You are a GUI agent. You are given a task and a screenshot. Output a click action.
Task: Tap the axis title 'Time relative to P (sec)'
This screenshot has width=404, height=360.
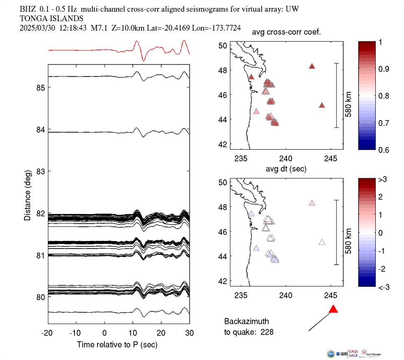point(117,345)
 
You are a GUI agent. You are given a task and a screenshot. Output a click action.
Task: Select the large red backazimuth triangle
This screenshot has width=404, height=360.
point(333,309)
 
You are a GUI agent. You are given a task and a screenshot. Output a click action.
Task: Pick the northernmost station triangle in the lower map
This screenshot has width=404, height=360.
point(312,203)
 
